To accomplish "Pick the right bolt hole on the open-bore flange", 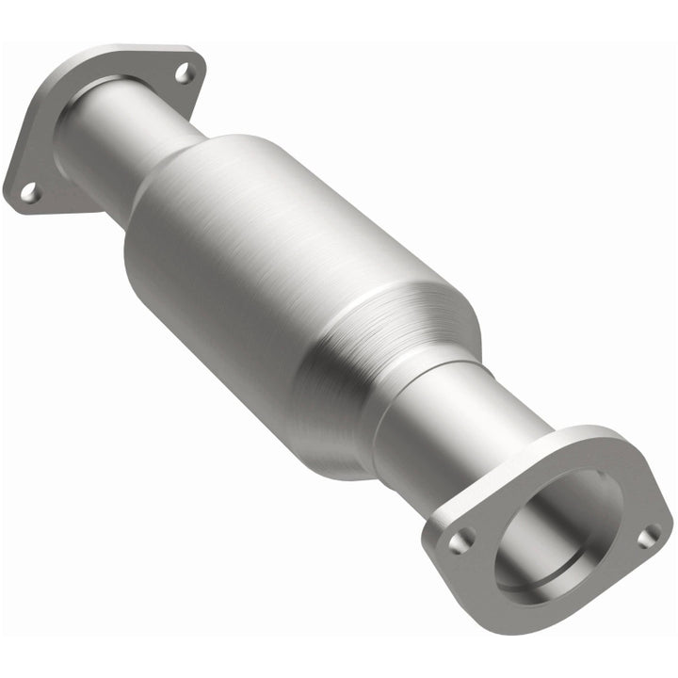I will (x=649, y=536).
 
